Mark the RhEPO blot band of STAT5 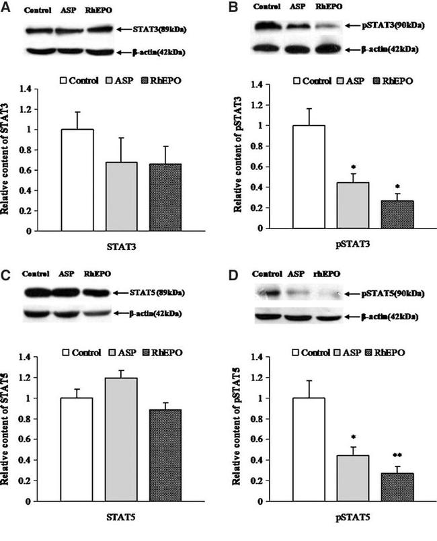97,293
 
